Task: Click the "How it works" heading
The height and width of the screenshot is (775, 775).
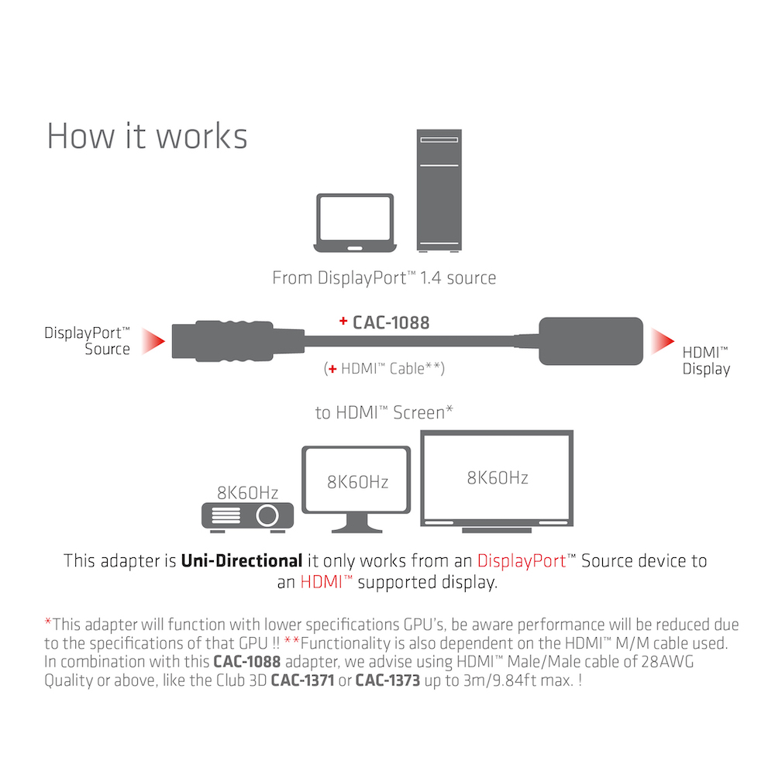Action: click(x=147, y=135)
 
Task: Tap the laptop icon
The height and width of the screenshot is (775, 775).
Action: click(x=355, y=222)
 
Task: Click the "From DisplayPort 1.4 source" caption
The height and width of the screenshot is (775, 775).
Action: click(x=384, y=277)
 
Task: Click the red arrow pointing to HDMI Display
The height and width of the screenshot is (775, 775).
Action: click(x=662, y=339)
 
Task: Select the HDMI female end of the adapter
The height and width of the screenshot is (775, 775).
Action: click(x=591, y=340)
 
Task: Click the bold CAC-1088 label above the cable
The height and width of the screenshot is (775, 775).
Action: click(x=391, y=322)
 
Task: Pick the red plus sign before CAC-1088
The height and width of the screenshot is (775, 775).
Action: click(x=343, y=322)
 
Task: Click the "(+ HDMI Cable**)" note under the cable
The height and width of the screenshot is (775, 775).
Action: click(x=383, y=369)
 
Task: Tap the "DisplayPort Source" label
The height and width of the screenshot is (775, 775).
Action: click(x=88, y=341)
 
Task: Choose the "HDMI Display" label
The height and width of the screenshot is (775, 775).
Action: click(x=706, y=360)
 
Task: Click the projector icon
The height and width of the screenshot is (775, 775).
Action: click(x=247, y=515)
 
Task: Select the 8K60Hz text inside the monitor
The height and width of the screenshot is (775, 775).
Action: click(x=357, y=482)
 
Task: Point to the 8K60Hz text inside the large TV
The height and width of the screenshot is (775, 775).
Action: click(x=497, y=477)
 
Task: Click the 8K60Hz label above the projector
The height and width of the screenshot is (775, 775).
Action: click(x=247, y=492)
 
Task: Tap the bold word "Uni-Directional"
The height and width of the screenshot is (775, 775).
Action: click(x=241, y=560)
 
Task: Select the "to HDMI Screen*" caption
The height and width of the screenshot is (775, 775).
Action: click(x=384, y=413)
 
